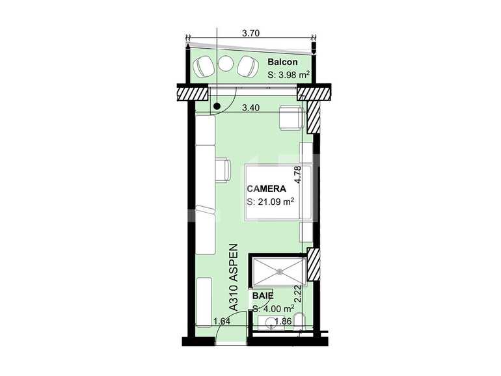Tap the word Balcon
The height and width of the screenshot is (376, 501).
click(283, 62)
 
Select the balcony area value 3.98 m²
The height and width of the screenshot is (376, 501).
click(288, 75)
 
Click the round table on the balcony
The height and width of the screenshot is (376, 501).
click(226, 64)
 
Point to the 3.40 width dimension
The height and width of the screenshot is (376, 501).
click(251, 109)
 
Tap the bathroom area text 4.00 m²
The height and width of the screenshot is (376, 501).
click(273, 308)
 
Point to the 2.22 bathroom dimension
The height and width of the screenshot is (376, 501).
click(298, 296)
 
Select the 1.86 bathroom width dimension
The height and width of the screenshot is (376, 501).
click(282, 321)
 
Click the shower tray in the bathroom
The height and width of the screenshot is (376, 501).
click(279, 271)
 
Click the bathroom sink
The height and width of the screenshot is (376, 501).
click(269, 323)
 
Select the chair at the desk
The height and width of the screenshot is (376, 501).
click(223, 169)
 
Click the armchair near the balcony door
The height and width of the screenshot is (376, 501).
click(289, 118)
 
